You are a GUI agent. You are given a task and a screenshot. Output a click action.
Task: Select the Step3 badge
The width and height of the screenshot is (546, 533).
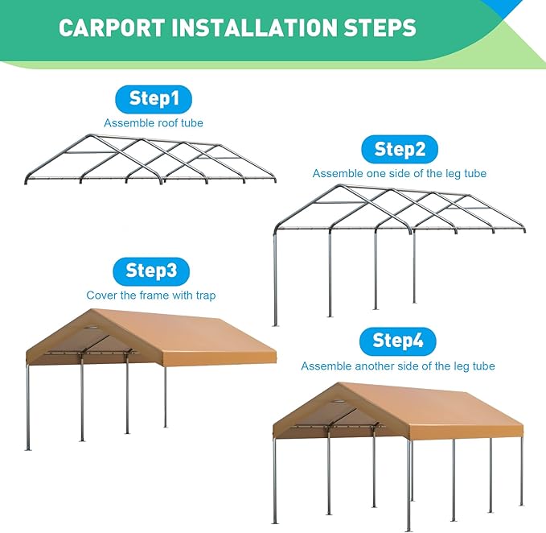click(x=150, y=271)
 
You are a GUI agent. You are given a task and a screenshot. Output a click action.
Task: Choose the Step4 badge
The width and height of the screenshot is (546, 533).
click(x=398, y=341)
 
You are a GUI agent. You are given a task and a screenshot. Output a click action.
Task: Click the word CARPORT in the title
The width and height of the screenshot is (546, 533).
click(x=109, y=29)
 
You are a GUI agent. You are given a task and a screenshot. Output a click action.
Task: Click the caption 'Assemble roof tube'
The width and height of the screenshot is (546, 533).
click(x=153, y=123)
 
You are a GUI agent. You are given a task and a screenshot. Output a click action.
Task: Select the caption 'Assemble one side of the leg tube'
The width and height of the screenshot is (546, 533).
click(x=399, y=173)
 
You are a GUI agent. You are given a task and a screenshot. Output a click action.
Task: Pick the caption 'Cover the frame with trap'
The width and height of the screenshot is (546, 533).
click(x=150, y=295)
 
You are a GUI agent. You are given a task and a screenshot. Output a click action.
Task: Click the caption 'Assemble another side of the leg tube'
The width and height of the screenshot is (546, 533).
click(x=397, y=366)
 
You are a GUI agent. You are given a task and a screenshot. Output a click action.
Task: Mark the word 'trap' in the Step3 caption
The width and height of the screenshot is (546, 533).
click(x=204, y=295)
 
